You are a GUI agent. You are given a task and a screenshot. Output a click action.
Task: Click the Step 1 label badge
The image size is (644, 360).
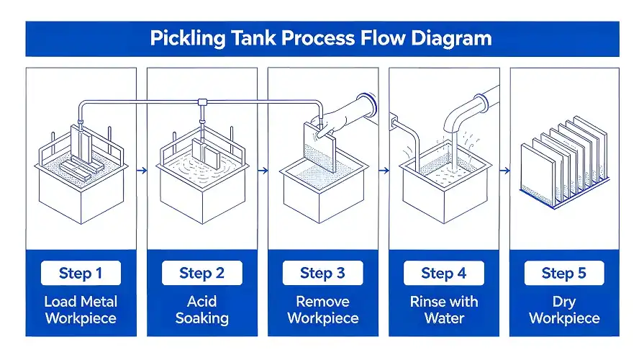[81, 273]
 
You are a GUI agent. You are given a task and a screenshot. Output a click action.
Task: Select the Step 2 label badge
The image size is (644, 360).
[201, 273]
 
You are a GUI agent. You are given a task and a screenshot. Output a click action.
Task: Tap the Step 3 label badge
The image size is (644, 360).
[322, 273]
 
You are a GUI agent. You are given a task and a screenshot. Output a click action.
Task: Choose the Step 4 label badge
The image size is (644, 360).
[443, 273]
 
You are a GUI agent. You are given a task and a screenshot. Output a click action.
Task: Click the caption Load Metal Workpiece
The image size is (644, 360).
[81, 310]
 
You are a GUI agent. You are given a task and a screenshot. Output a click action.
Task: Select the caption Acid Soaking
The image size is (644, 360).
[201, 310]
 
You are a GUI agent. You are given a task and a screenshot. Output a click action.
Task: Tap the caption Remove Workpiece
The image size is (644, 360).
[322, 310]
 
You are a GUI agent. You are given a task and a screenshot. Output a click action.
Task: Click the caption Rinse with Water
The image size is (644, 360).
[443, 310]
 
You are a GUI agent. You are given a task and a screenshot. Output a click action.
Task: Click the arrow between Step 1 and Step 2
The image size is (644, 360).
[141, 171]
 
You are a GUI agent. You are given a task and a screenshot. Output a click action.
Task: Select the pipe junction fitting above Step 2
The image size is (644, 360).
[203, 102]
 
